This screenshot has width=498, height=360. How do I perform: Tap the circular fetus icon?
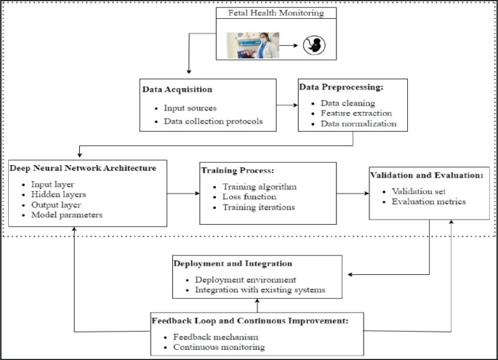tap(314, 46)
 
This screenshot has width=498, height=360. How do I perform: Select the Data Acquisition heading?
tap(178, 90)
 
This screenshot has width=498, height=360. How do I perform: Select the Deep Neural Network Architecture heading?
tap(83, 168)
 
